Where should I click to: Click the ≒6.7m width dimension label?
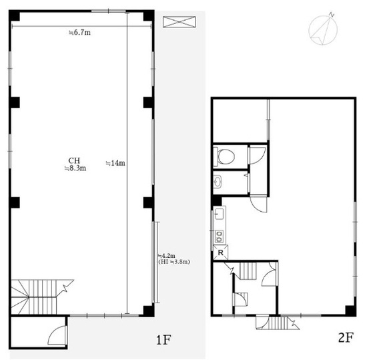pos(79,32)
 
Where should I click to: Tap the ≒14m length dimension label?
pos(115,163)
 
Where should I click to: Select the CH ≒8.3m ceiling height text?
pos(75,164)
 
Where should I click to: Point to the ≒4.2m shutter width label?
pos(167,256)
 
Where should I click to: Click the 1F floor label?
pos(163,340)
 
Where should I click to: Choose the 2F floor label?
pos(346,337)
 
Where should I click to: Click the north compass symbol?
pos(323,29)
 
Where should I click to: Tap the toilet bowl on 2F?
pos(224,156)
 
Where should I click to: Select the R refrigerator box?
pos(220,252)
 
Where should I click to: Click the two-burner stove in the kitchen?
pos(220,236)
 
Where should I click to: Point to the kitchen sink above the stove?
pos(220,214)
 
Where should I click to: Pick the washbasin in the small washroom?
pos(218,182)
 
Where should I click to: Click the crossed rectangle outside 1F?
pos(179,22)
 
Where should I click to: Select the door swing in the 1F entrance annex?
pos(57,335)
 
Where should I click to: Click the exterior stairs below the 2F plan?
pos(278,323)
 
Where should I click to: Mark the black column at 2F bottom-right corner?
pos(350,311)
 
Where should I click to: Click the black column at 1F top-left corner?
pos(15,15)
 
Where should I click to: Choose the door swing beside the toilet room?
pos(258,156)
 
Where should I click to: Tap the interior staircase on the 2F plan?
pos(248,271)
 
